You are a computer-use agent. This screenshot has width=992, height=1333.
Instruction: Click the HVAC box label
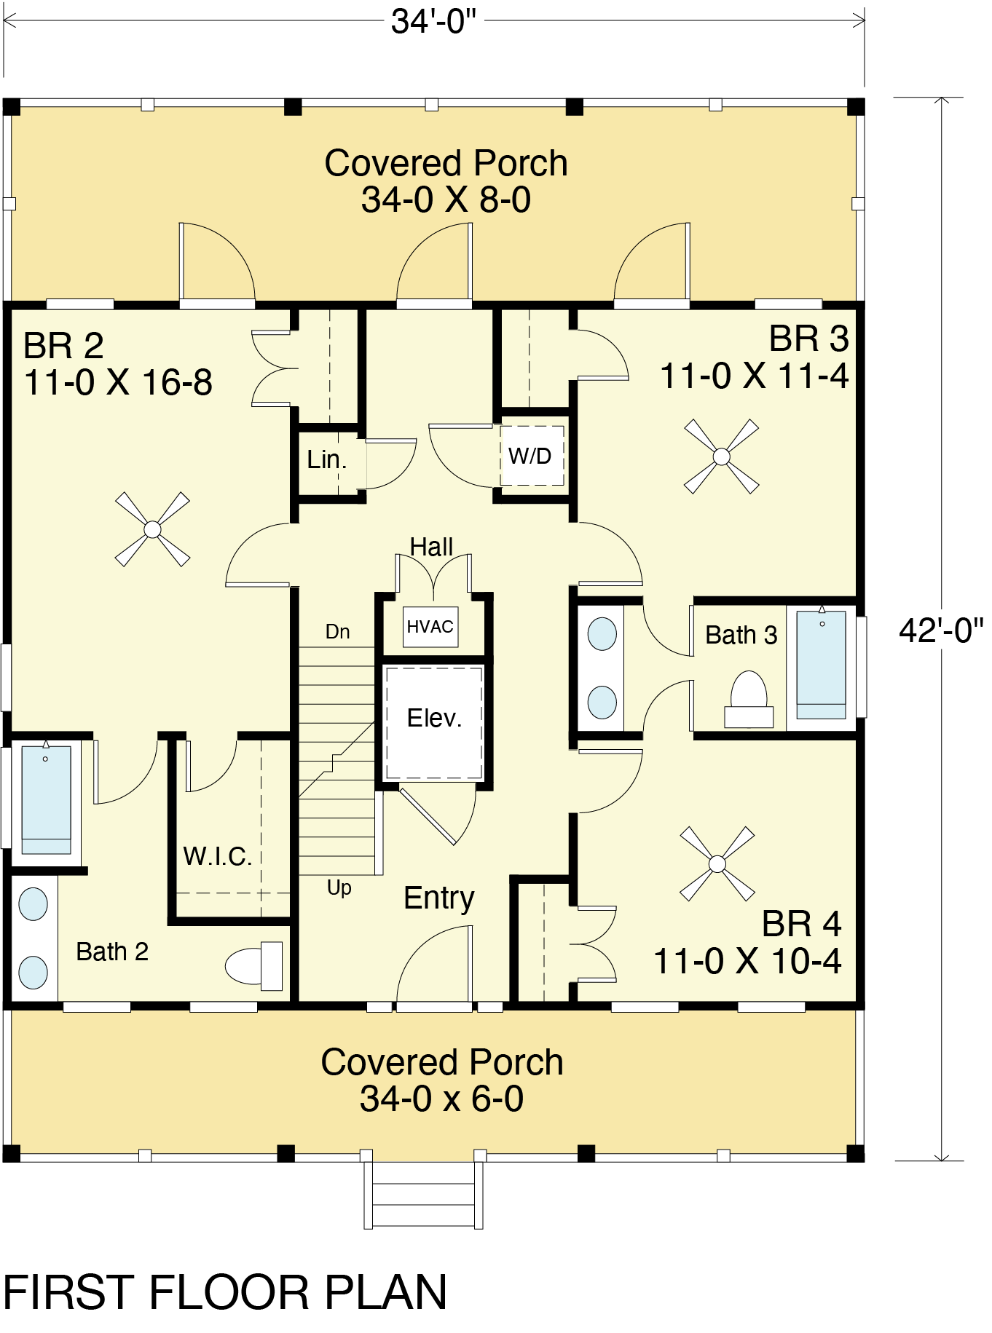pyautogui.click(x=430, y=627)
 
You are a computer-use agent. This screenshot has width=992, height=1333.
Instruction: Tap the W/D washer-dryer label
pyautogui.click(x=530, y=456)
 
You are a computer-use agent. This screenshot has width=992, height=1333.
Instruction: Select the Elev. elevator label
pyautogui.click(x=434, y=718)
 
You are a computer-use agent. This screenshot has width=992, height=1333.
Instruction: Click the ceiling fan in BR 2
pyautogui.click(x=152, y=529)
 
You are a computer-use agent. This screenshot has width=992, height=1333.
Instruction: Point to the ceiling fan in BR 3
pyautogui.click(x=721, y=456)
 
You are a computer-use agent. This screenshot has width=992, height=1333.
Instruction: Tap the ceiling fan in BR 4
pyautogui.click(x=717, y=863)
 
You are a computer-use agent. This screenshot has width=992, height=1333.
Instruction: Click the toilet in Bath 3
pyautogui.click(x=749, y=699)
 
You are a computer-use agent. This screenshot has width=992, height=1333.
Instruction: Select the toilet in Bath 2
pyautogui.click(x=253, y=966)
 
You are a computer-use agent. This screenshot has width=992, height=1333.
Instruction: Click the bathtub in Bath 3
pyautogui.click(x=822, y=665)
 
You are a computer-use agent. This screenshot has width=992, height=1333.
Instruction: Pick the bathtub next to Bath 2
pyautogui.click(x=47, y=799)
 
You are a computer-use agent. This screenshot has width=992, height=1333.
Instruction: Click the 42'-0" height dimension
pyautogui.click(x=941, y=630)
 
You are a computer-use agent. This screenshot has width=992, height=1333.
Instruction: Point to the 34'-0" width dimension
pyautogui.click(x=433, y=21)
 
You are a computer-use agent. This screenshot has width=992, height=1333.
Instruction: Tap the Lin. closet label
pyautogui.click(x=327, y=459)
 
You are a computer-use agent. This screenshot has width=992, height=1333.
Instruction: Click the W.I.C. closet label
pyautogui.click(x=218, y=856)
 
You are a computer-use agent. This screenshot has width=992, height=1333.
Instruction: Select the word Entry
pyautogui.click(x=439, y=898)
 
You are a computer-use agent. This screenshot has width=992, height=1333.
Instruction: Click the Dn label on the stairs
pyautogui.click(x=337, y=632)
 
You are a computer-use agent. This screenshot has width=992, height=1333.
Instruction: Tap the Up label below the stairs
pyautogui.click(x=339, y=888)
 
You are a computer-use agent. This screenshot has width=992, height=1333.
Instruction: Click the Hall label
pyautogui.click(x=431, y=547)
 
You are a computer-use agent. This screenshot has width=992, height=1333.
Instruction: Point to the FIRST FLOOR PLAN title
pyautogui.click(x=225, y=1292)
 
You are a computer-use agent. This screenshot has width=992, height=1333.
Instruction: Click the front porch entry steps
pyautogui.click(x=424, y=1193)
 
